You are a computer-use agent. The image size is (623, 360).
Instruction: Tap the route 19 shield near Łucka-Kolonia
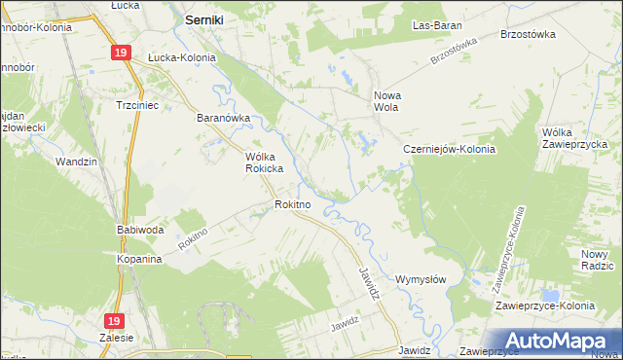click(x=120, y=54)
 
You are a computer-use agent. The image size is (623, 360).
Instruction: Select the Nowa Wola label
click(x=388, y=102)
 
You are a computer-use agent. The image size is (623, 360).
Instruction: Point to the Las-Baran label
click(x=437, y=24)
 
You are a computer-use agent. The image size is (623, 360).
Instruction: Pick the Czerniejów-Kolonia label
click(x=450, y=150)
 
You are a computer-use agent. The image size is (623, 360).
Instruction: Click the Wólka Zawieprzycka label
click(x=578, y=139)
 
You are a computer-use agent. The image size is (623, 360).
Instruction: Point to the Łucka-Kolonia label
click(x=181, y=57)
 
